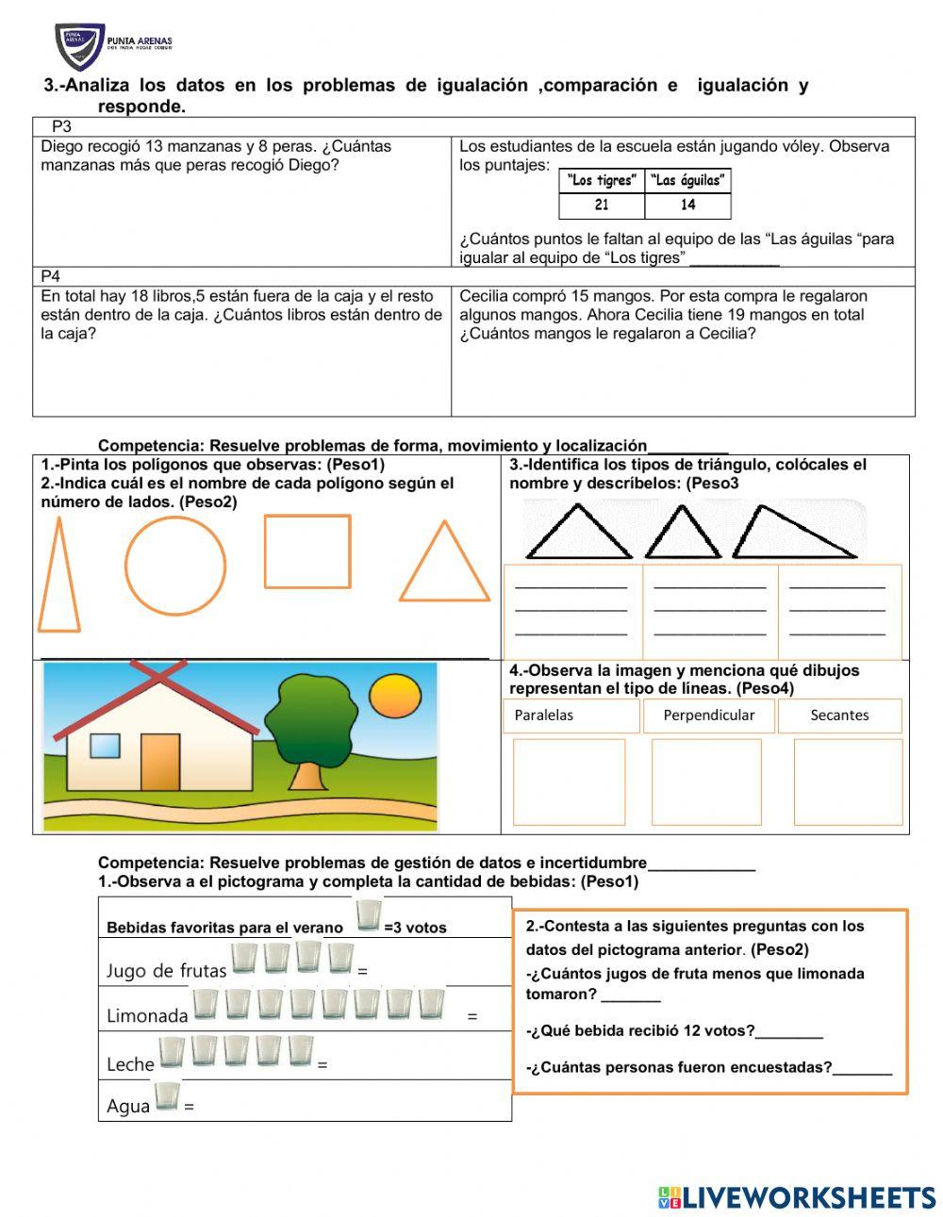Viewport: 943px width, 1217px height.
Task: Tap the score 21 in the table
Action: (602, 206)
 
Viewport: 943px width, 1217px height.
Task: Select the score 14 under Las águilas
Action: (687, 206)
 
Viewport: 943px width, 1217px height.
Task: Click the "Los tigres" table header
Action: (603, 181)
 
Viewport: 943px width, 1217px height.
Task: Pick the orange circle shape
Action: (175, 566)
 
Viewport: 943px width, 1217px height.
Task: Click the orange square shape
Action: (307, 551)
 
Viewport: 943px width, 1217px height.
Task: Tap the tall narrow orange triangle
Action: (58, 580)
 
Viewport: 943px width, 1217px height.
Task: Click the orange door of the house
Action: (160, 762)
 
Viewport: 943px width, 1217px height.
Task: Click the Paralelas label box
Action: (571, 715)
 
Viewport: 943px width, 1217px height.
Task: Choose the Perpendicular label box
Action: (708, 715)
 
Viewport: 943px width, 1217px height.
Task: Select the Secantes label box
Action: (839, 715)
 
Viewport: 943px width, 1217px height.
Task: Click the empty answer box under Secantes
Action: (848, 781)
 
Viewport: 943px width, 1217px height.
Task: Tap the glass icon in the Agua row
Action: (167, 1097)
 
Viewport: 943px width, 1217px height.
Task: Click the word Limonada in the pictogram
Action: (147, 1016)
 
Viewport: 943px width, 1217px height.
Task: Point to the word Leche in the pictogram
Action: (130, 1064)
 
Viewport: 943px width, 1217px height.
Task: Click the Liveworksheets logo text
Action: (808, 1197)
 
